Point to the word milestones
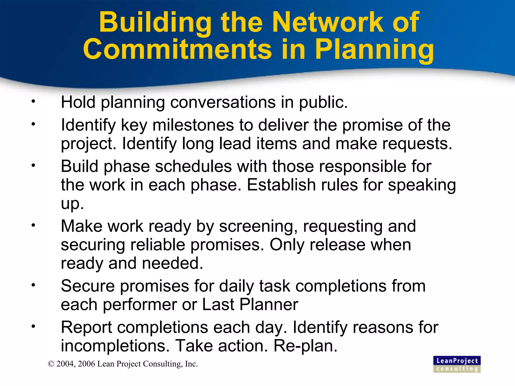pos(193,125)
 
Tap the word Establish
pos(281,185)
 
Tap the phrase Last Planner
pos(250,305)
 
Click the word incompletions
pos(115,346)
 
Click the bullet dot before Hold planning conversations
pos(33,102)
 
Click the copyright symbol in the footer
pos(51,364)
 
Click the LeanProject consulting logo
pos(457,364)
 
